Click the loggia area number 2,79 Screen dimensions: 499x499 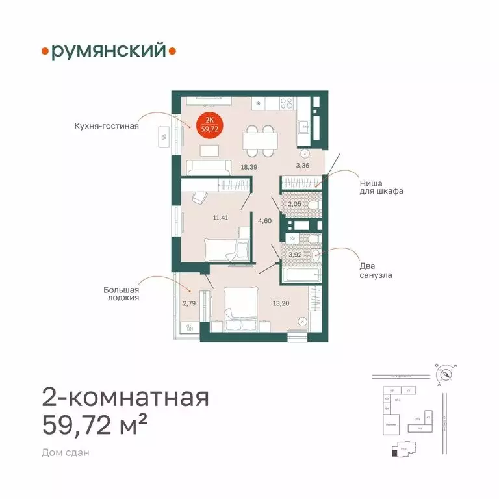(189, 302)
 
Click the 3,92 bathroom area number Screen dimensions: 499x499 (296, 254)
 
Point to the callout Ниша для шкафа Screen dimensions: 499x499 (381, 187)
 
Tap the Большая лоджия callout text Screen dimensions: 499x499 (122, 294)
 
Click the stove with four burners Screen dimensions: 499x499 (285, 103)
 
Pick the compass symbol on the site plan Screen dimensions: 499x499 (446, 375)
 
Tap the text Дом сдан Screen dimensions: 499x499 (65, 452)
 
